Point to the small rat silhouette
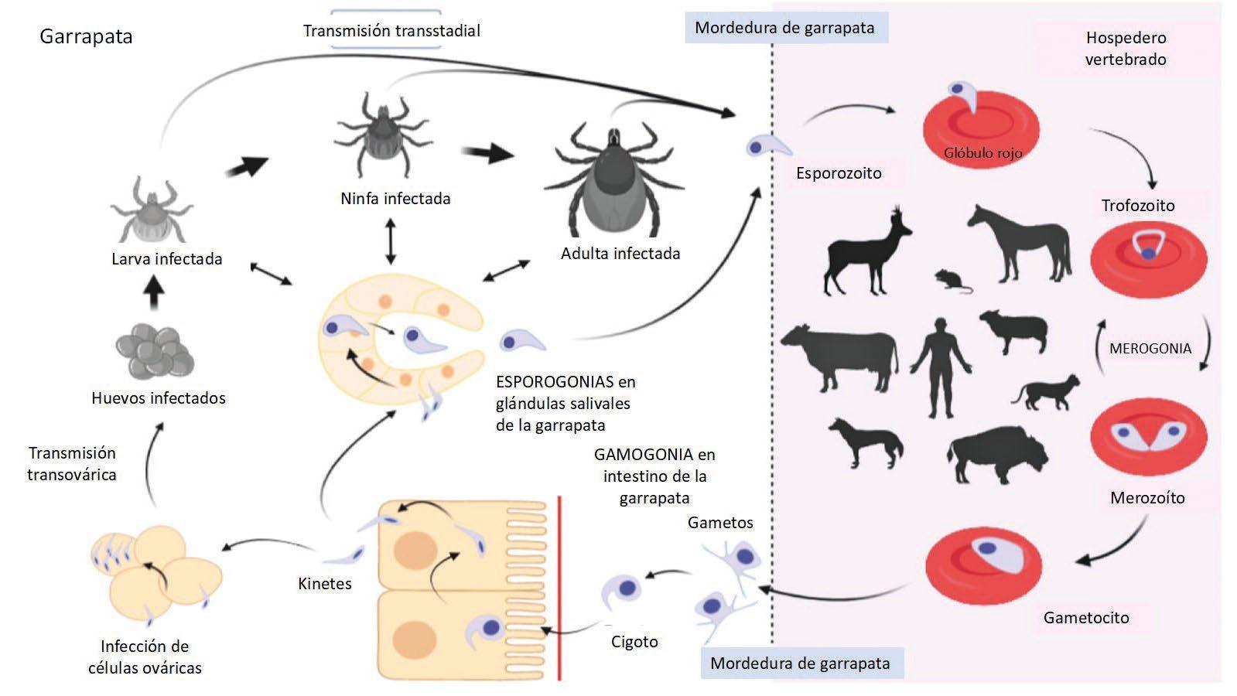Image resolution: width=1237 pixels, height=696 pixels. (x=951, y=281)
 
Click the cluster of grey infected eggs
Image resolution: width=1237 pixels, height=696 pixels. (x=154, y=351)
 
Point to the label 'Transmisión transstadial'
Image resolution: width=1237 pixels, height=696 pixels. (x=391, y=31)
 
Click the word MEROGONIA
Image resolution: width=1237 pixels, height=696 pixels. (x=1150, y=349)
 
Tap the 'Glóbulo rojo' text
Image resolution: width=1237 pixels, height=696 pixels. (x=982, y=153)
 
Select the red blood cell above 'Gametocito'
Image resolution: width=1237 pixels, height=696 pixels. (x=983, y=560)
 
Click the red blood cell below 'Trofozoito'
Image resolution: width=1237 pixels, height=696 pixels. (x=1148, y=258)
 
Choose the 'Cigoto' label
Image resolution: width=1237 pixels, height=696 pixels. (x=634, y=642)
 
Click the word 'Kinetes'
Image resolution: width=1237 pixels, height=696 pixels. (x=325, y=584)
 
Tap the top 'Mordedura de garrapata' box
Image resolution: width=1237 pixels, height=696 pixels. (x=784, y=29)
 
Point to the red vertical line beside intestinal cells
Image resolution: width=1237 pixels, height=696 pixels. (x=559, y=588)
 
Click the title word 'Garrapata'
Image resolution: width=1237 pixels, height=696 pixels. (x=86, y=36)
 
